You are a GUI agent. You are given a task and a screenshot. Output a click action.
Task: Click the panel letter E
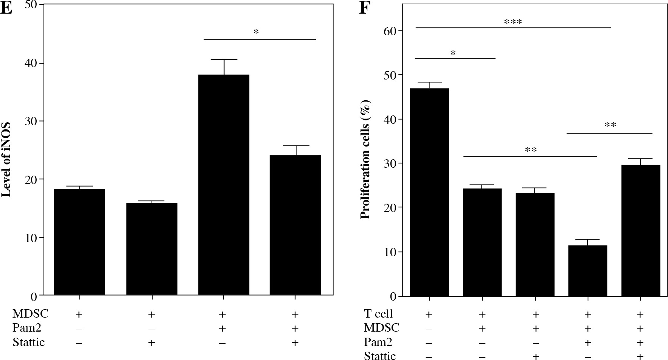tap(6, 8)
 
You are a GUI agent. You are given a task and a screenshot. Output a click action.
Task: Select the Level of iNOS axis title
tap(6, 160)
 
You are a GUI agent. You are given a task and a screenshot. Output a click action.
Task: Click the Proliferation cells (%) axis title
tap(365, 159)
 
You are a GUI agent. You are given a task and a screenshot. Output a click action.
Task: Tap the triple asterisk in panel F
tap(513, 22)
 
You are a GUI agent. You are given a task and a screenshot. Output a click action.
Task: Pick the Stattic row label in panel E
tap(29, 342)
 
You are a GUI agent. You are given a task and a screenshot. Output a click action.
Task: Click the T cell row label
tap(378, 314)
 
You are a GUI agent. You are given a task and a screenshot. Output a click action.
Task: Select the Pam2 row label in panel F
tap(378, 342)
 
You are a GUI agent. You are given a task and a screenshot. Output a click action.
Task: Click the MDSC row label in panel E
tap(30, 314)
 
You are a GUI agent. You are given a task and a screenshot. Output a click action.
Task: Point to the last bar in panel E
tap(295, 225)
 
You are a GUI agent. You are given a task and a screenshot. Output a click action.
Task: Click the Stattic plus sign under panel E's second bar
tap(151, 343)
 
